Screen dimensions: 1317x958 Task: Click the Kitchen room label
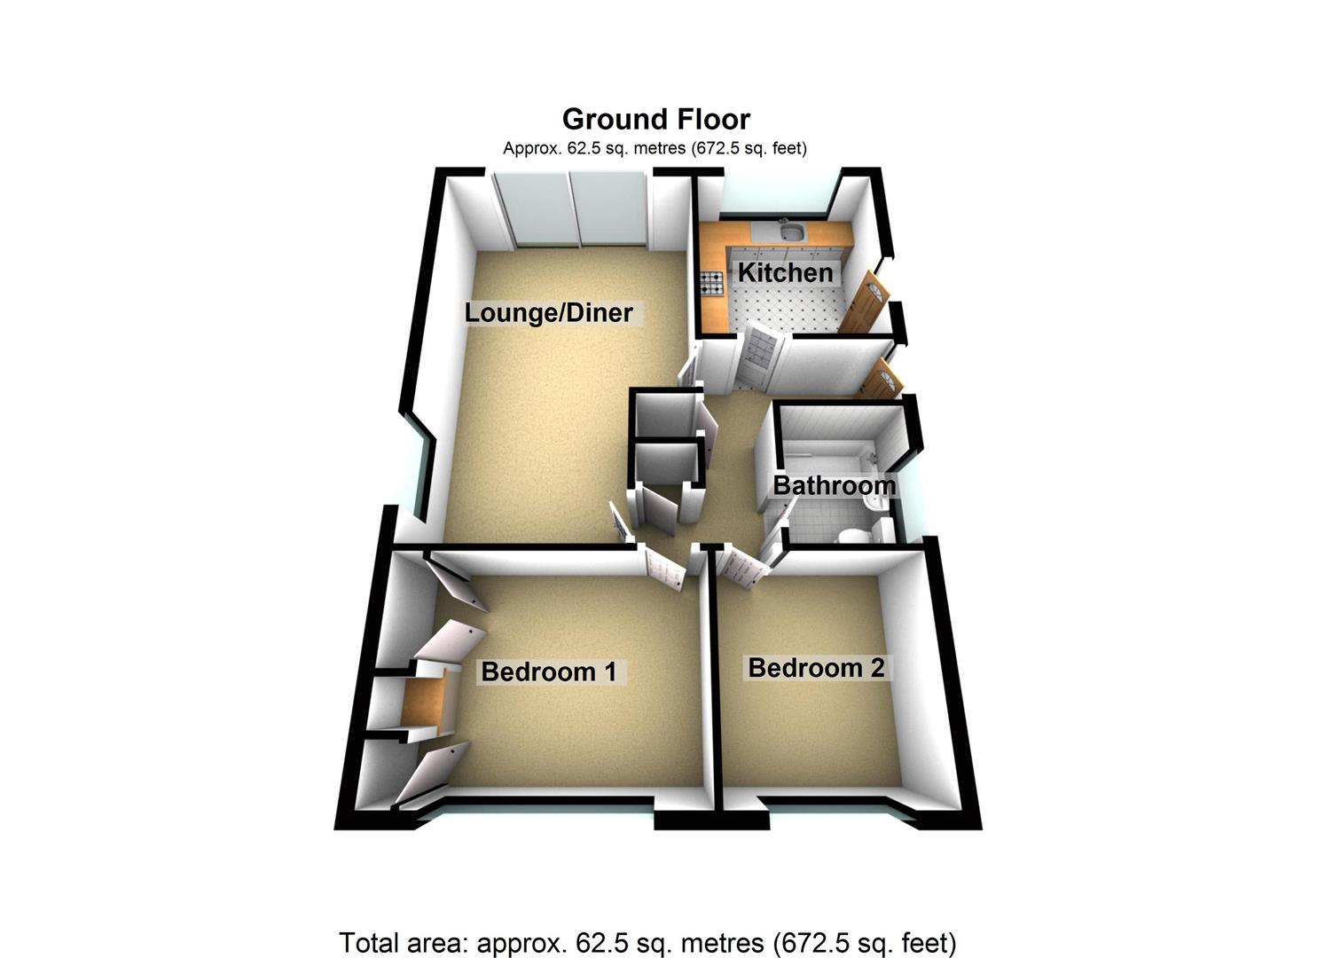point(785,272)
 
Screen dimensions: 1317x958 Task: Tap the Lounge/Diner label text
point(549,312)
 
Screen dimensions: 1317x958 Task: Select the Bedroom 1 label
point(548,671)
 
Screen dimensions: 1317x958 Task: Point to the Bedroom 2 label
point(816,667)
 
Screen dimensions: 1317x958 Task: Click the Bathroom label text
point(834,485)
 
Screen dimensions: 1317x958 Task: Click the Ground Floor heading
point(656,119)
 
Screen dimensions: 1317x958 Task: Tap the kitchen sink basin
point(789,232)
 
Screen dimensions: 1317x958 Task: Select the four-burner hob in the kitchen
point(712,283)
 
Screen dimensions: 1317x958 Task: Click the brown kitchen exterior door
point(862,303)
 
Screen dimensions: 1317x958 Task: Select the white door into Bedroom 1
point(663,568)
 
